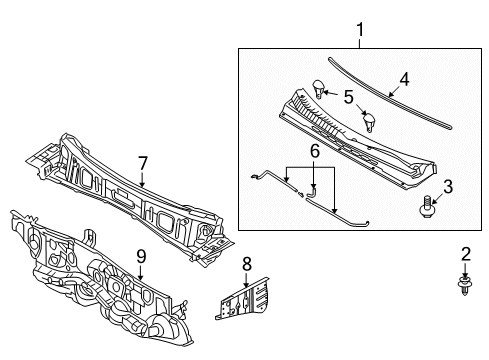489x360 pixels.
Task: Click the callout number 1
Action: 360,29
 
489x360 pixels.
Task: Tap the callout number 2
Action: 466,254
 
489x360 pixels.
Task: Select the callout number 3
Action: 448,187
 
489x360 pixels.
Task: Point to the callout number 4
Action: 404,80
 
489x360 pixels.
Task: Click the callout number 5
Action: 349,97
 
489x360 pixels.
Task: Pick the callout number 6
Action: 315,151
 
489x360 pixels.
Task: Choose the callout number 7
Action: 142,164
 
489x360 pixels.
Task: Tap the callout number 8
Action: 246,264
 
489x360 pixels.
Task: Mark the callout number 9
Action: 141,257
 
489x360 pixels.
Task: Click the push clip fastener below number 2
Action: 465,284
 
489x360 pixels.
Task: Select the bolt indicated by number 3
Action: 426,207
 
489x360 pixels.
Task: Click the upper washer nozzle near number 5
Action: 319,89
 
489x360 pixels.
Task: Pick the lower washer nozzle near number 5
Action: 369,122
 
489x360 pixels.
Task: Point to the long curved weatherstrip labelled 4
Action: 389,95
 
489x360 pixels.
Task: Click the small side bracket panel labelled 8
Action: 242,299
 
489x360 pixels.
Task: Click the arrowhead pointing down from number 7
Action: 142,184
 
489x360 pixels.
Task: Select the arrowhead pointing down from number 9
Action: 141,277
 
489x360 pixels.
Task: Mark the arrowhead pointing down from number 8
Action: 246,284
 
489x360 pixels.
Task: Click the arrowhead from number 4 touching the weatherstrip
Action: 391,95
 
